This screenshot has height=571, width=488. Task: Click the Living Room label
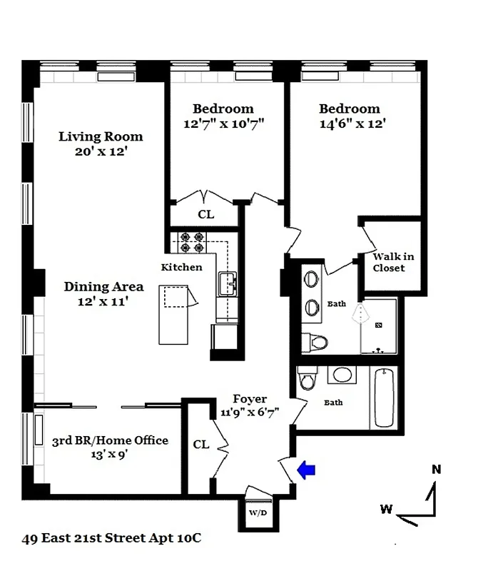[101, 136]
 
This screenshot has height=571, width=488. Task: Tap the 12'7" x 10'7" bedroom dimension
[223, 124]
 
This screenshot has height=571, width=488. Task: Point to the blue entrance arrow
[306, 470]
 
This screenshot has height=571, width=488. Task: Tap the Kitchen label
[181, 267]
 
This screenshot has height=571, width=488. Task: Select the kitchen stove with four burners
[190, 243]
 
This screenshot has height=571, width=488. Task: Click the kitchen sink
[230, 283]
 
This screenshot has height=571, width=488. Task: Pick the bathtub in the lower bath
[384, 398]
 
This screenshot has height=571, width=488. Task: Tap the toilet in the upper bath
[314, 342]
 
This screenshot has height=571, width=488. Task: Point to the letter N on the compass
[436, 470]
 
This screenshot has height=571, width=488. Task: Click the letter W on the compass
[385, 509]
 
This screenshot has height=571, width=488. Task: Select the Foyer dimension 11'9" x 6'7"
[249, 412]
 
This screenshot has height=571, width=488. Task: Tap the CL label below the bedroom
[205, 214]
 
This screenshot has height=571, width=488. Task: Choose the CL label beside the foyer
[201, 444]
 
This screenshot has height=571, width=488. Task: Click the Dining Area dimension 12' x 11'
[104, 302]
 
